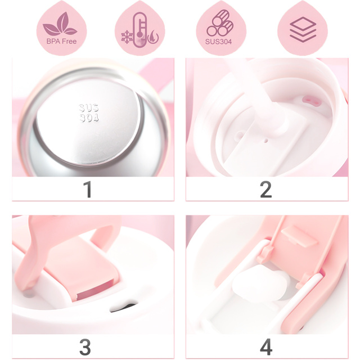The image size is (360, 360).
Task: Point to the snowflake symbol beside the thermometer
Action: click(x=127, y=35)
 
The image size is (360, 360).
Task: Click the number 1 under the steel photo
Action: click(x=87, y=190)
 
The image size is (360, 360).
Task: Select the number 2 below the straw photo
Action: click(x=266, y=190)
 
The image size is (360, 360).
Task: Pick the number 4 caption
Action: click(x=266, y=346)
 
